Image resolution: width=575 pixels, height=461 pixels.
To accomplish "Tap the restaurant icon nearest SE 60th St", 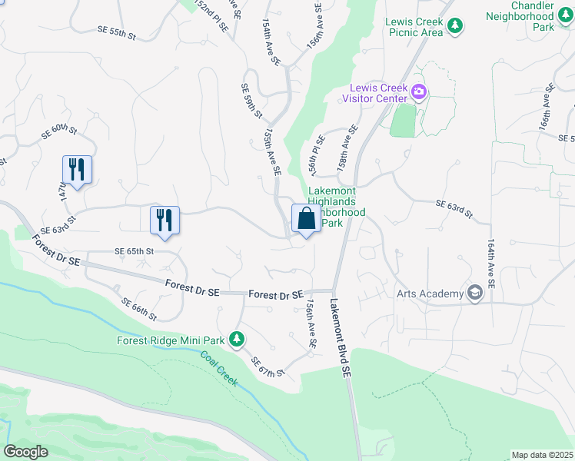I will click(x=77, y=170).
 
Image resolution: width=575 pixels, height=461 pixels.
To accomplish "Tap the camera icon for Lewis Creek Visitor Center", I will click(x=419, y=93).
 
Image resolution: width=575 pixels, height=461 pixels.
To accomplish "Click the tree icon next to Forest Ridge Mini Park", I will click(x=238, y=338).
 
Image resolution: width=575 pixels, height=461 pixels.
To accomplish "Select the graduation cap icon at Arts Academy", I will click(x=474, y=293).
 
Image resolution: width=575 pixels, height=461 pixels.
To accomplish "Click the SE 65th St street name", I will click(x=135, y=251).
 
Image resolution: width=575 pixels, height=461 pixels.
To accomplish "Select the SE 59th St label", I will click(x=252, y=101).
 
